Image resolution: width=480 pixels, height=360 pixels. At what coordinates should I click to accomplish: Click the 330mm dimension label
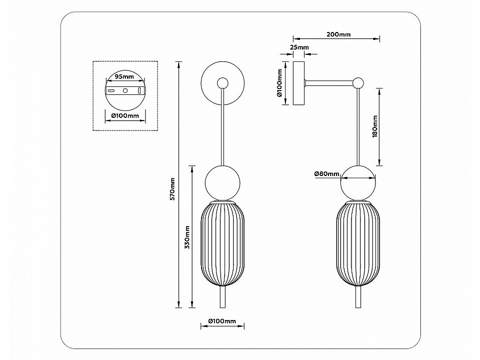187,236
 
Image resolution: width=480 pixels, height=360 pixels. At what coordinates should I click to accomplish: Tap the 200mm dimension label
338,35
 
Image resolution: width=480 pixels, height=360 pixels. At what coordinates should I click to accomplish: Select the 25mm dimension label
299,48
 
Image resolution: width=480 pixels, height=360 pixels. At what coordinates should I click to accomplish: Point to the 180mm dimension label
375,126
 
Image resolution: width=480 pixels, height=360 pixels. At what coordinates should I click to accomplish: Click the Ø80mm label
326,174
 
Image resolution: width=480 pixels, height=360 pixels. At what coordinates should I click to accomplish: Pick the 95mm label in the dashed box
125,77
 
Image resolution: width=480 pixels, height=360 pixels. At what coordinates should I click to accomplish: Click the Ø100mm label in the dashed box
125,116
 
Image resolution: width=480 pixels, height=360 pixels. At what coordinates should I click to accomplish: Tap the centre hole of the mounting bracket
125,91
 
